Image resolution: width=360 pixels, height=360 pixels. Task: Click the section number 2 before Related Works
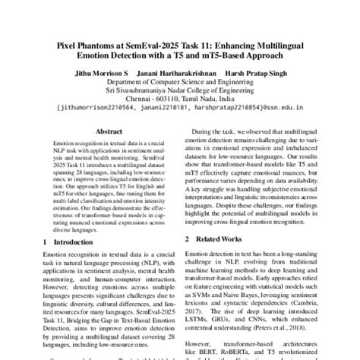(188, 241)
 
